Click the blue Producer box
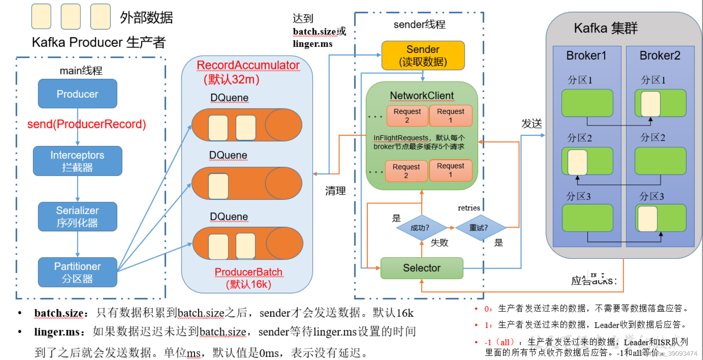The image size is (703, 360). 77,94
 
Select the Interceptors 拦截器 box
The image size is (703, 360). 77,161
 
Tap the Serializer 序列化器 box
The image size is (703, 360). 77,217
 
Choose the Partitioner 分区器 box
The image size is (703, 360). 77,272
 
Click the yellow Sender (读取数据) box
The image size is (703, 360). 423,55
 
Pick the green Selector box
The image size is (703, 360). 422,268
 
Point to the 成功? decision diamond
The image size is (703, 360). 420,228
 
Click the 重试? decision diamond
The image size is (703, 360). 478,228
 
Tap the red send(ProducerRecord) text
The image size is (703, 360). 87,124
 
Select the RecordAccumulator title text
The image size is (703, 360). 248,65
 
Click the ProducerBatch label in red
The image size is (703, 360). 248,272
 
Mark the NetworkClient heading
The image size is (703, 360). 422,96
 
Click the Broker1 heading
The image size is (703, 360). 586,56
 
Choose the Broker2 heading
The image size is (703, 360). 659,56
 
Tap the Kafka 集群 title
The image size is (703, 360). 605,28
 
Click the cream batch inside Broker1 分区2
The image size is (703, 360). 577,162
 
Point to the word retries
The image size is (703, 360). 469,208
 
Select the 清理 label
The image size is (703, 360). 335,191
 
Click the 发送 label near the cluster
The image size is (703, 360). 531,124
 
